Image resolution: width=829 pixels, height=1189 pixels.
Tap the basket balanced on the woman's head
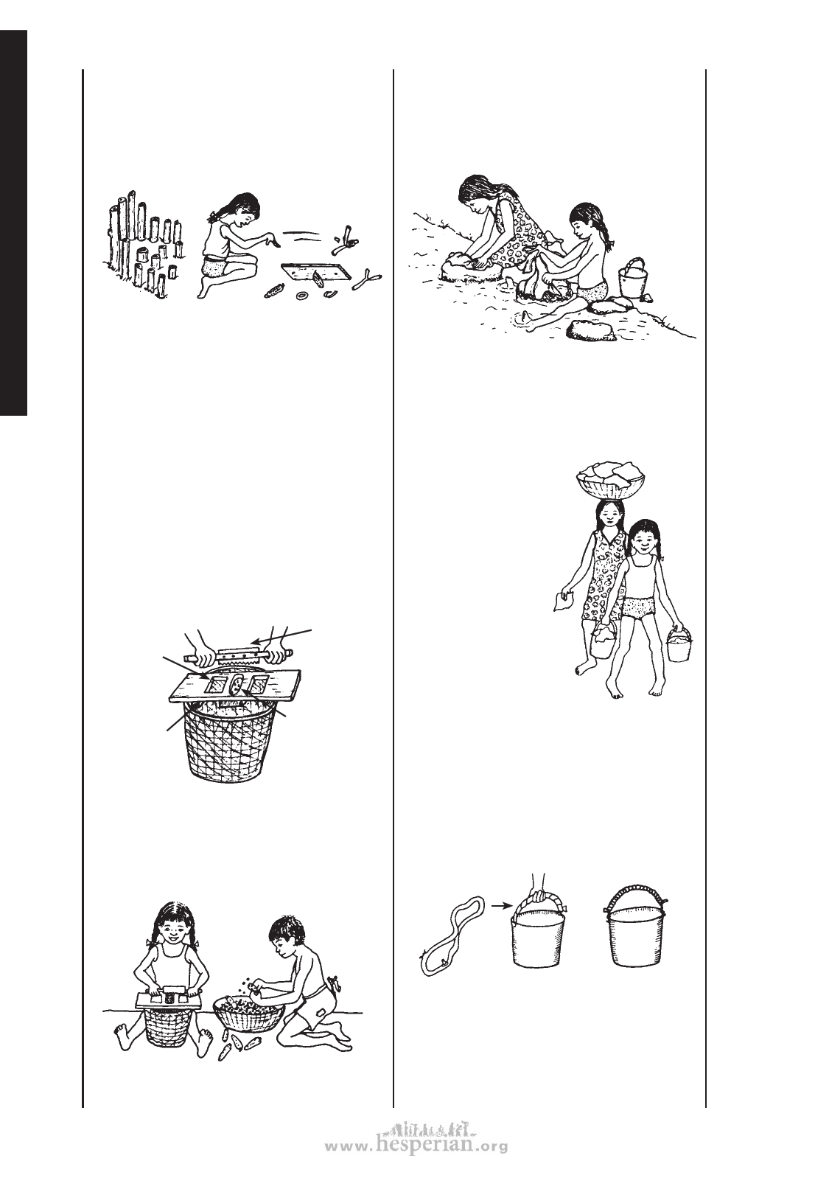coord(610,480)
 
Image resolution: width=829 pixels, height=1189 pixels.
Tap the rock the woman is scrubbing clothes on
coord(469,267)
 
